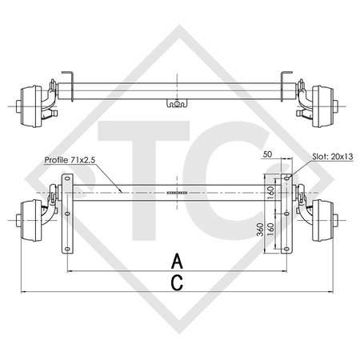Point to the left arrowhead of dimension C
pyautogui.click(x=23, y=292)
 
